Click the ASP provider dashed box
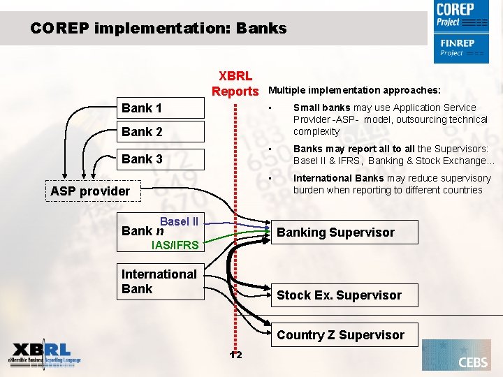click(90, 191)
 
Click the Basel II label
click(179, 221)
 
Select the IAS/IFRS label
click(175, 245)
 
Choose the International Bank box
click(159, 281)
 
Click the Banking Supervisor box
click(335, 232)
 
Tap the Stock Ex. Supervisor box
click(339, 295)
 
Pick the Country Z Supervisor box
click(340, 335)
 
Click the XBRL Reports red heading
click(235, 84)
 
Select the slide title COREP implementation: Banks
click(159, 29)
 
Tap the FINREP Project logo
click(461, 48)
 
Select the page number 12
click(236, 355)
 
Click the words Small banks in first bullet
click(321, 108)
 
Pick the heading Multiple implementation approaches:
click(354, 90)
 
